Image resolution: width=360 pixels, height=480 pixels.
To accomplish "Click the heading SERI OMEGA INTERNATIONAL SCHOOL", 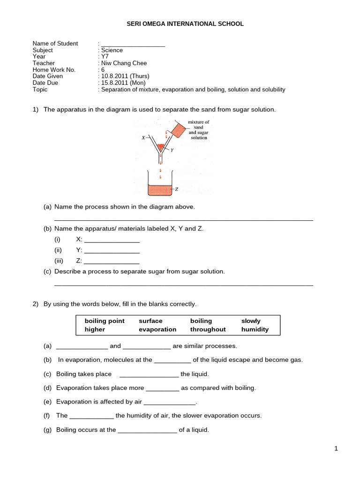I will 186,24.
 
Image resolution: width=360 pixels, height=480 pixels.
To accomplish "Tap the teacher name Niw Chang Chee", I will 124,63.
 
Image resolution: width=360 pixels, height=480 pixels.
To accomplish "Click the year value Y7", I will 105,57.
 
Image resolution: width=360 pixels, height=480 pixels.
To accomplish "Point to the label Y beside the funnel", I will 172,150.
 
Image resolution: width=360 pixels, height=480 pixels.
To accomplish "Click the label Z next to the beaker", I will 176,189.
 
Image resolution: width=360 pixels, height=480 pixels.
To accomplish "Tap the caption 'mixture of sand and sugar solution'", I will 198,130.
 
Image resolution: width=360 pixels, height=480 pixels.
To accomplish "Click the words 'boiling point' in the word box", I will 105,321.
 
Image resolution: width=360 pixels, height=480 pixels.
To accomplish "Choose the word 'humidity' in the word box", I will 255,330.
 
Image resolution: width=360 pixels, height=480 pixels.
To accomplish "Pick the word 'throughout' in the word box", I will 208,330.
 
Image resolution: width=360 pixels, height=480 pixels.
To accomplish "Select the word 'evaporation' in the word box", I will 157,330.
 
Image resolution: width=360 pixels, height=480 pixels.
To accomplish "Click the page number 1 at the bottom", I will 336,449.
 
